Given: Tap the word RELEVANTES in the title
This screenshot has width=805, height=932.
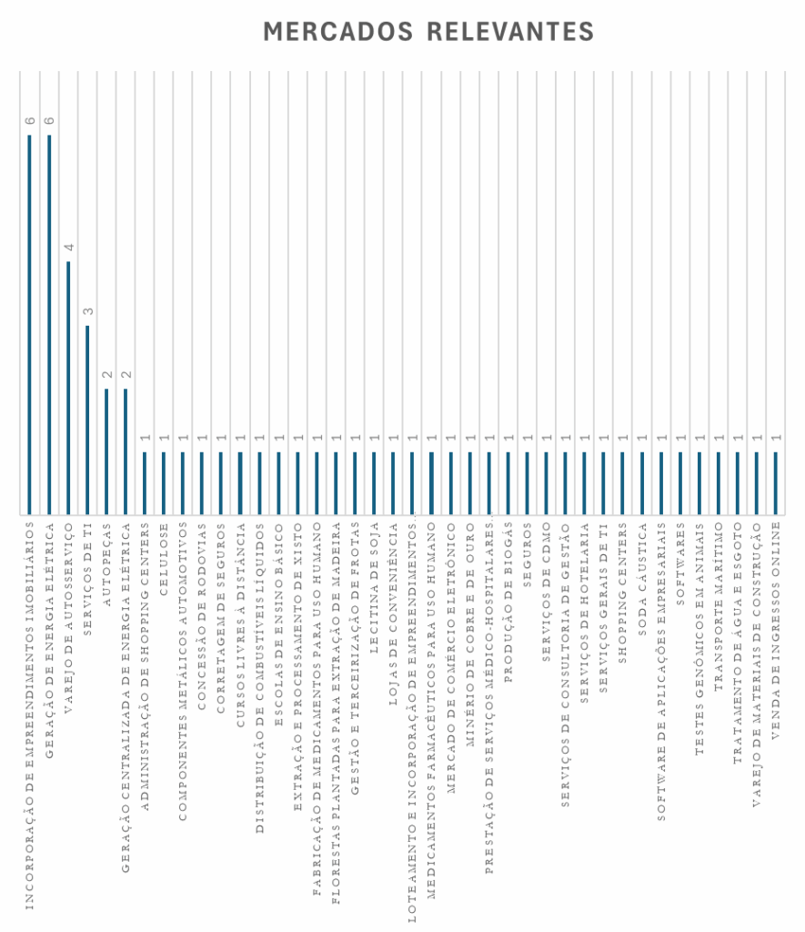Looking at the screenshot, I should pyautogui.click(x=509, y=31).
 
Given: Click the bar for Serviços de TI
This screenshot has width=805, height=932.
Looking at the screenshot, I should pyautogui.click(x=87, y=419).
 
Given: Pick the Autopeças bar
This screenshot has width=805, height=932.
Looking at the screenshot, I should pyautogui.click(x=106, y=451).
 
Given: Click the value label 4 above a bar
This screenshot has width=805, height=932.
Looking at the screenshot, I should pyautogui.click(x=68, y=248).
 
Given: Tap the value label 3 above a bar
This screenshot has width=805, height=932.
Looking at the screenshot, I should pyautogui.click(x=87, y=311).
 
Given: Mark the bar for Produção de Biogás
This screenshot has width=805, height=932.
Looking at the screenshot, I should pyautogui.click(x=508, y=482).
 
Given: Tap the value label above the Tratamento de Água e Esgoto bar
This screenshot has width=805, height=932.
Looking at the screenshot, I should pyautogui.click(x=738, y=438).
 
